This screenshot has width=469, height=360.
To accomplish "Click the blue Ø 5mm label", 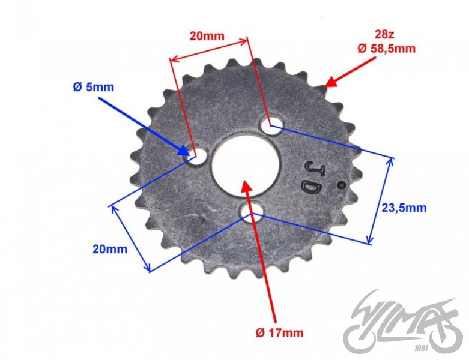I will (93, 87).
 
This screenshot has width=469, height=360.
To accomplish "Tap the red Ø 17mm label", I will (279, 332).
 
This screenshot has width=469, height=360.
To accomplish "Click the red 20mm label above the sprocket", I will (207, 35).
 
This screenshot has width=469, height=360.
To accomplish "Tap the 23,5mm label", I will (404, 208).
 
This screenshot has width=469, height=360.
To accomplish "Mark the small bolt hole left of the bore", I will (196, 157).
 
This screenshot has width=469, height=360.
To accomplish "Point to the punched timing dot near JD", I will (341, 185).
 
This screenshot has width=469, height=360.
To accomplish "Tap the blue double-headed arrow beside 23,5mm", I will (381, 200).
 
